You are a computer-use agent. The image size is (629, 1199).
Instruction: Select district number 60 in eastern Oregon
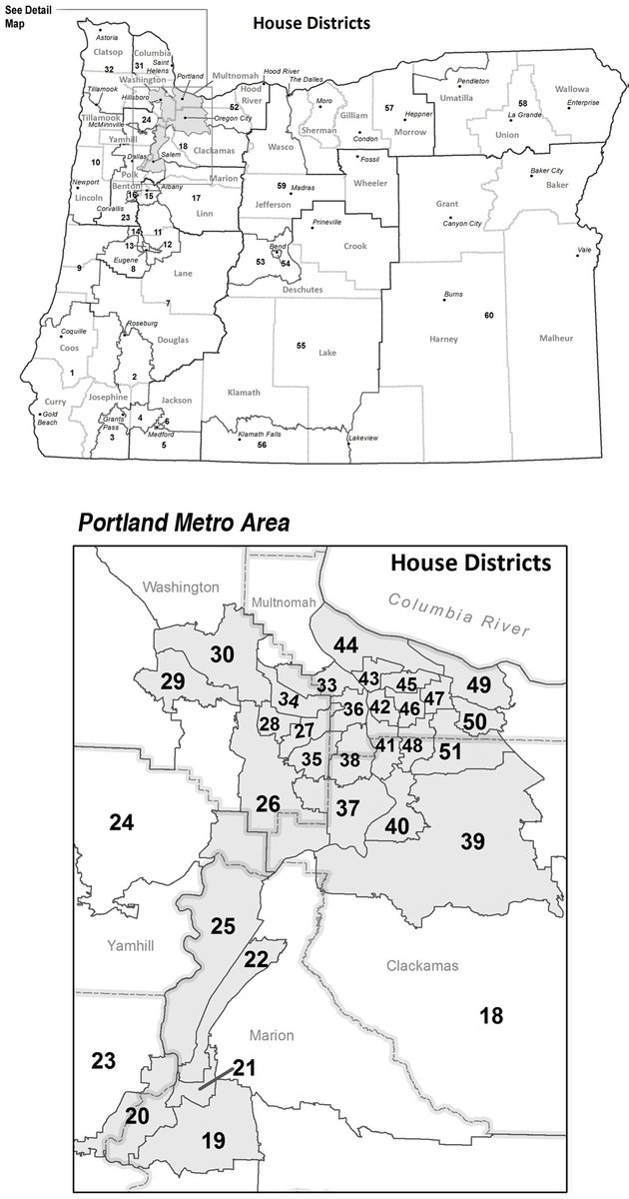(x=489, y=316)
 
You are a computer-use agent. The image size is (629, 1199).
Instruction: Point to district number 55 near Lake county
(x=301, y=345)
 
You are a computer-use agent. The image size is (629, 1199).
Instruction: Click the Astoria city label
(x=107, y=38)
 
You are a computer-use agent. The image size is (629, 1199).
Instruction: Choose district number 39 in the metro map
(x=472, y=840)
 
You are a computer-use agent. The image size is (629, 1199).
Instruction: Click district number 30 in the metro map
(x=222, y=653)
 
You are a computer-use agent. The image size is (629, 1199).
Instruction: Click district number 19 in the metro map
(x=212, y=1140)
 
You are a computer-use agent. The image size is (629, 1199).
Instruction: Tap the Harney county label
(x=443, y=339)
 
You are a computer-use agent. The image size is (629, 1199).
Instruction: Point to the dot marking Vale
(x=577, y=256)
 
